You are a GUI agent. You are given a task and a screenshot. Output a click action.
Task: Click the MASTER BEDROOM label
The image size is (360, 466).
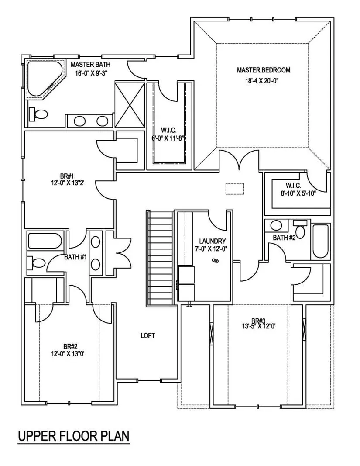click(264, 70)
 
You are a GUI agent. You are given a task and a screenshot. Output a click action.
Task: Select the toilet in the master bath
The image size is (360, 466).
click(38, 114)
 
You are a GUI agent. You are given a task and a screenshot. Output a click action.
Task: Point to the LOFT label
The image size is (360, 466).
click(147, 335)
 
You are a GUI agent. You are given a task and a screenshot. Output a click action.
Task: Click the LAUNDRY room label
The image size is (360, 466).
click(213, 241)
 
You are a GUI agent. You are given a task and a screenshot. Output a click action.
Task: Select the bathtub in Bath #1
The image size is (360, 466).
click(45, 241)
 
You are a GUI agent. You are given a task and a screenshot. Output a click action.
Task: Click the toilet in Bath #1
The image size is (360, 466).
click(36, 263)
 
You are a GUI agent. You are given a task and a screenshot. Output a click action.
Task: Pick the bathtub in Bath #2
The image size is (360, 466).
click(321, 241)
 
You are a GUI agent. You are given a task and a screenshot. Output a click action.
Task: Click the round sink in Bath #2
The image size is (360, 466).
click(277, 225)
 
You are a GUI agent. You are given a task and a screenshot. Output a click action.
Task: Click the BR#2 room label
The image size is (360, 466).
click(70, 346)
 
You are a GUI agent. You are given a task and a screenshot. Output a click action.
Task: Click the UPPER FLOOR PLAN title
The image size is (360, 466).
click(74, 436)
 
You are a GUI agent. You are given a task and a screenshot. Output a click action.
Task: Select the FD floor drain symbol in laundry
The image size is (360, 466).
click(216, 261)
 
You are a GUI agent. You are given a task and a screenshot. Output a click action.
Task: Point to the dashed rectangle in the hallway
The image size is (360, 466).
click(235, 189)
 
